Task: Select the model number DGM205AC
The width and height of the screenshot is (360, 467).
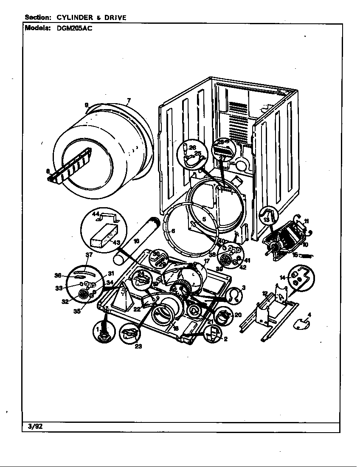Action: pos(74,28)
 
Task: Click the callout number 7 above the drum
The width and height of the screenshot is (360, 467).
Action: pos(129,101)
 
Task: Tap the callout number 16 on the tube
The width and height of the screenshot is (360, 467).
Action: pos(136,241)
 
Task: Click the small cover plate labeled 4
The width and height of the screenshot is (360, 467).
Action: pos(301,324)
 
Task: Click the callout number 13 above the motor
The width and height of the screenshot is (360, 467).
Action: pos(266,220)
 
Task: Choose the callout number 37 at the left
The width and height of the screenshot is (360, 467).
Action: pos(89,255)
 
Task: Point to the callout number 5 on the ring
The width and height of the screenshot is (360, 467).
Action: pos(204,219)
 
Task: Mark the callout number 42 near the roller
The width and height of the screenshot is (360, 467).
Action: pos(243,267)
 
